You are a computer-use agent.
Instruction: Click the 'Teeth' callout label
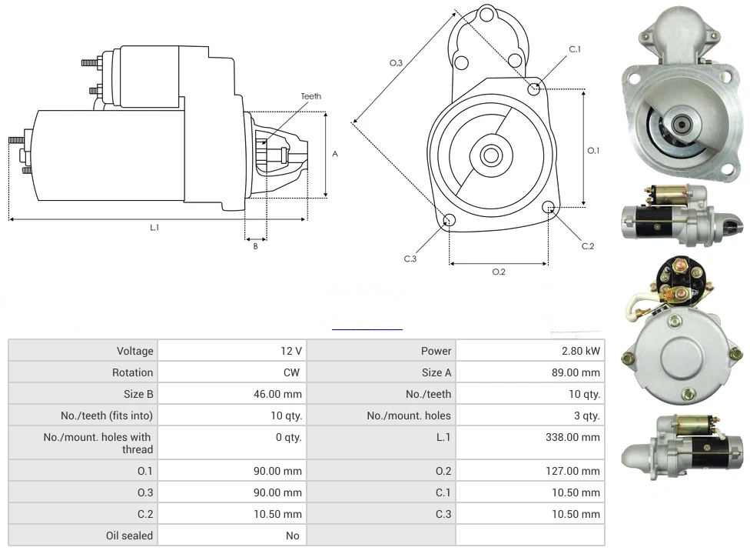[310, 96]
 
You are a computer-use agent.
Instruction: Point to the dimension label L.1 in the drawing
[154, 227]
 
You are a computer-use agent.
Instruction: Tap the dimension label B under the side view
[256, 246]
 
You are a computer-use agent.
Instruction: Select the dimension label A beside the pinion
[335, 154]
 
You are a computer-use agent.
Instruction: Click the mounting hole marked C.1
[534, 88]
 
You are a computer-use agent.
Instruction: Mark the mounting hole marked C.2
[549, 207]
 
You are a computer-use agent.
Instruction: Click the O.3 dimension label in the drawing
[396, 63]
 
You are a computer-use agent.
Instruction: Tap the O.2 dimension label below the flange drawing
[499, 272]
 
